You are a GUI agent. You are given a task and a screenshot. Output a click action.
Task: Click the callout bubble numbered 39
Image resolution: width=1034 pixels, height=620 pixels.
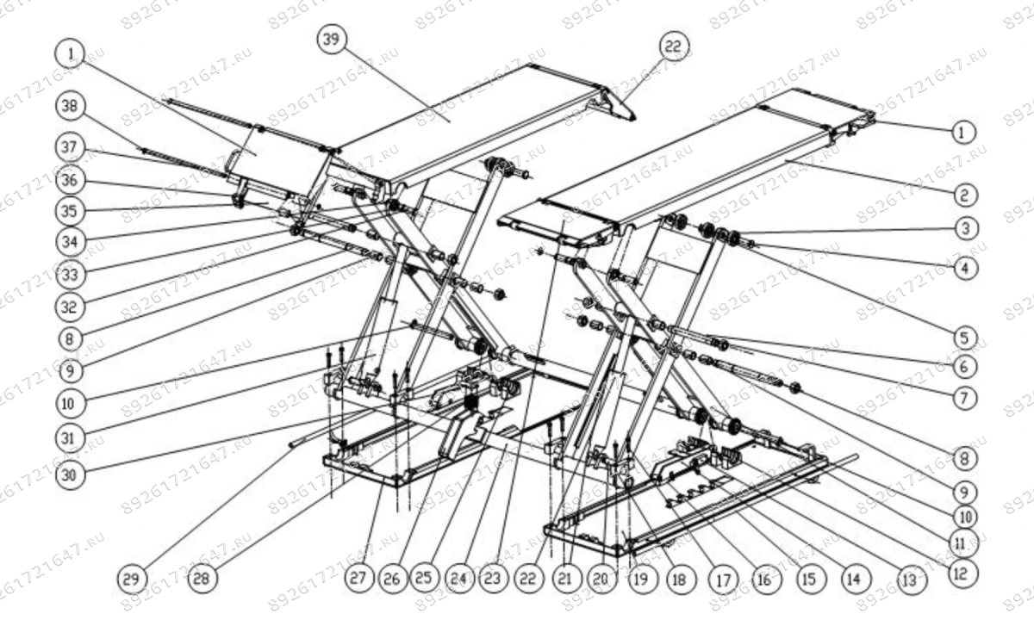[x=332, y=40]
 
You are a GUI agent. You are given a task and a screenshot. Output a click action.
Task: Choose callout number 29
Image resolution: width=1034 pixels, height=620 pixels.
[x=132, y=577]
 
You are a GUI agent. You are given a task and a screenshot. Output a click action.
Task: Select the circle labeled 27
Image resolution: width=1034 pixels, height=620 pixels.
[x=357, y=578]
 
